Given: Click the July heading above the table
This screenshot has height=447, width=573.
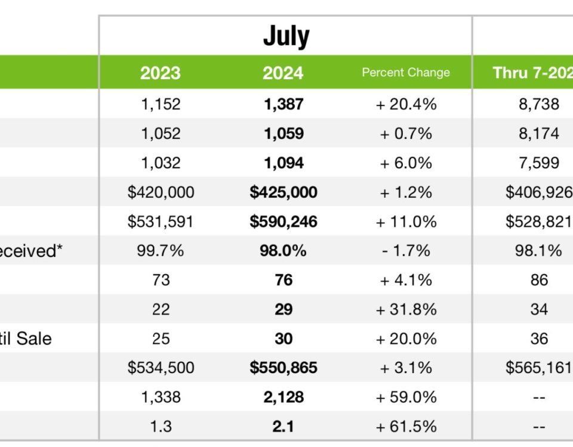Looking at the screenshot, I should [286, 36].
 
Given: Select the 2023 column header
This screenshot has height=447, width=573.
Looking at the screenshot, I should [160, 73].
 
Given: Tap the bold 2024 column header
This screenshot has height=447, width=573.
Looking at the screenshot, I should [283, 73].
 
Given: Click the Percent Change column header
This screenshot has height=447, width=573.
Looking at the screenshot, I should [406, 73].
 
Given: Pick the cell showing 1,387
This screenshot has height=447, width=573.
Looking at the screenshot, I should [284, 104].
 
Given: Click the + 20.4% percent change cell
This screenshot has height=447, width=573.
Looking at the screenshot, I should [406, 104].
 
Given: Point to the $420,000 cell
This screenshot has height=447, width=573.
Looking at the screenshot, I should [161, 192].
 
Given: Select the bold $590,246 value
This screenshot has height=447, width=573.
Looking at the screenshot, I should [284, 222].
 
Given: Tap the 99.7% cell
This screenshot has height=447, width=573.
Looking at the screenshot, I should [161, 251].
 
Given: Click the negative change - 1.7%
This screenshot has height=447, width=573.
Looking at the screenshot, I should [406, 251].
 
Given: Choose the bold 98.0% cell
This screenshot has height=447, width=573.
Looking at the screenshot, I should [284, 251].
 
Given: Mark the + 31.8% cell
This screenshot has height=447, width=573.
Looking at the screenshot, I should [406, 309].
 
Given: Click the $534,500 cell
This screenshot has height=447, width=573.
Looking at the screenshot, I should [161, 368].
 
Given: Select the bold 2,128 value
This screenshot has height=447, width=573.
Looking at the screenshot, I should [284, 397].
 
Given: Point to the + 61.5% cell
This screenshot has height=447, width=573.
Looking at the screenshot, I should [406, 426].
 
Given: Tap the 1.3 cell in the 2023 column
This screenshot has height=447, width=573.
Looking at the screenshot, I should [161, 426].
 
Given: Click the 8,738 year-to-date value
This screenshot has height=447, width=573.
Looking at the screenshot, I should [538, 104].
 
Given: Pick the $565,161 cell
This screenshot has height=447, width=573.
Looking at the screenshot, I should [538, 368].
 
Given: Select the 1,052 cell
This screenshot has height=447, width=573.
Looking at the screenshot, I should [161, 134].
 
